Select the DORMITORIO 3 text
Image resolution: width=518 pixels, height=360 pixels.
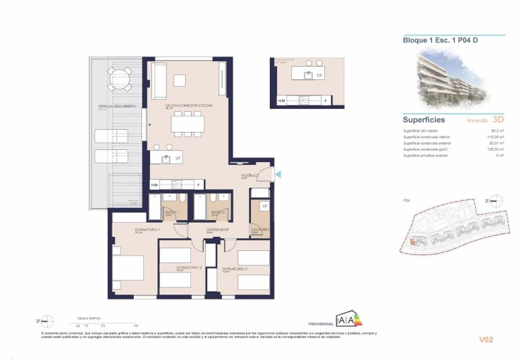pyautogui.click(x=189, y=268)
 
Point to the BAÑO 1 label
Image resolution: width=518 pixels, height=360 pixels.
pyautogui.click(x=172, y=212)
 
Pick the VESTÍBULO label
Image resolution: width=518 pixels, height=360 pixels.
pyautogui.click(x=250, y=176)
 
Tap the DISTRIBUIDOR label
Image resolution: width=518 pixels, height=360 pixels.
pyautogui.click(x=217, y=229)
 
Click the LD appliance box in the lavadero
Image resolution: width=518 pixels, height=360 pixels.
pyautogui.click(x=264, y=206)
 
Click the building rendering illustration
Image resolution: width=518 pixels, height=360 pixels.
pyautogui.click(x=452, y=77)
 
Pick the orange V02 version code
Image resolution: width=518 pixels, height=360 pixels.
pyautogui.click(x=486, y=340)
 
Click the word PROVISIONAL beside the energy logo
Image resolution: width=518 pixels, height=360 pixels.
pyautogui.click(x=320, y=322)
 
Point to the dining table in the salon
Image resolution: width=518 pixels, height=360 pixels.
pyautogui.click(x=186, y=122)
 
